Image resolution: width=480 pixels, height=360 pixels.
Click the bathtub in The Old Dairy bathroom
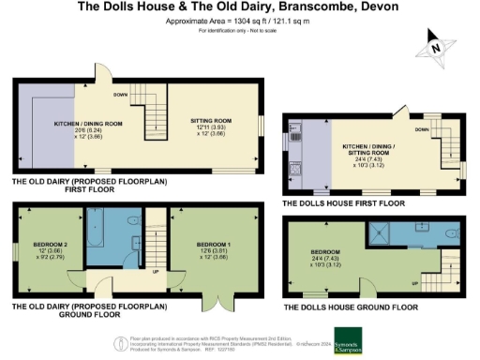[x=97, y=236]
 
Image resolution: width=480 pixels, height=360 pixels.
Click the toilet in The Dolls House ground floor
[x=451, y=233]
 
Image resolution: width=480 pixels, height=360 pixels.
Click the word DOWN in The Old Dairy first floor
[x=120, y=95]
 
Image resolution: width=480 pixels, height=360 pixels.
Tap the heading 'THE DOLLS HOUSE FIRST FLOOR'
[x=343, y=202]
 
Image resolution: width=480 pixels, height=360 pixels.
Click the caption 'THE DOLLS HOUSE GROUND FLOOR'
[x=349, y=307]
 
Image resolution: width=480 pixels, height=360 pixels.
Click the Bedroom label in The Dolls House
[x=323, y=257]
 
